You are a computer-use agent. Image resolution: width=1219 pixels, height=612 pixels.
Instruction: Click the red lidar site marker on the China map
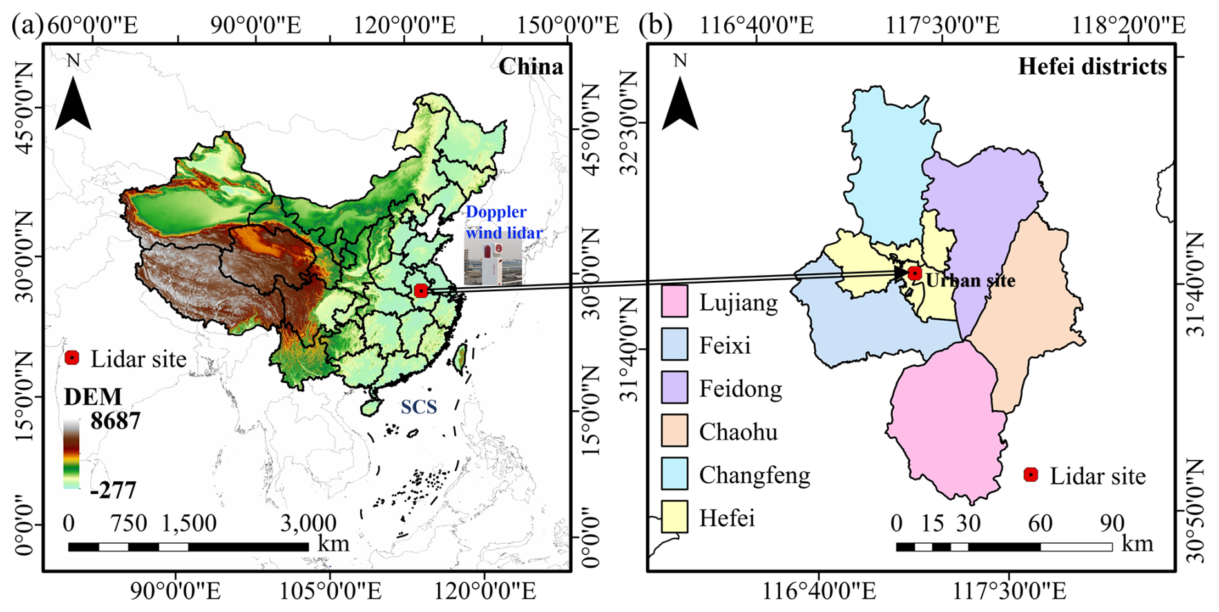coord(421,291)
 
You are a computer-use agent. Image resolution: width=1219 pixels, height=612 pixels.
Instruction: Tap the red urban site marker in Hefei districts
coord(914,273)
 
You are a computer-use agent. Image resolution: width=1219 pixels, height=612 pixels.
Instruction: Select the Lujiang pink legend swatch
coord(674,301)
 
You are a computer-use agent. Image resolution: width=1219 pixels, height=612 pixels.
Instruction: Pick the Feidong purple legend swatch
coord(674,388)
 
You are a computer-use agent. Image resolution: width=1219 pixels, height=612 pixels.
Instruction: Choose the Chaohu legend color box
coord(674,431)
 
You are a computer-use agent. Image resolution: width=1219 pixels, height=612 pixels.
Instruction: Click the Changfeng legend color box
coord(674,473)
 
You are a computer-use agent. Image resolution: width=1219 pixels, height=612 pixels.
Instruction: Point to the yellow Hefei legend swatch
coord(674,517)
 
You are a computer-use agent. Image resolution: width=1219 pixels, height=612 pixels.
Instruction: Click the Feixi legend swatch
coord(674,345)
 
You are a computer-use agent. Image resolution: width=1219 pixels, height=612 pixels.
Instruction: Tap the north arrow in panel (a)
coord(73,100)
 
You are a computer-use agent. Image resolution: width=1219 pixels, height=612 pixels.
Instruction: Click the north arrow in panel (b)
coord(680,100)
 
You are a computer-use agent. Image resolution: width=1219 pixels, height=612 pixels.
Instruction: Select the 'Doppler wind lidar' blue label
coord(504,222)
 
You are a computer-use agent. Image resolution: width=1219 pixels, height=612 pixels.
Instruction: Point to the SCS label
coord(419,406)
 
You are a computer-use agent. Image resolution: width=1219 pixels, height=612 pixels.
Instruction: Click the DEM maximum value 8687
coord(115,421)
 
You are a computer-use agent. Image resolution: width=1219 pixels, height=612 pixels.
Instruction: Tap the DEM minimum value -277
coord(113,490)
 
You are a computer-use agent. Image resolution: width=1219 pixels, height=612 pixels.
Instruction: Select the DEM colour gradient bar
coord(72,454)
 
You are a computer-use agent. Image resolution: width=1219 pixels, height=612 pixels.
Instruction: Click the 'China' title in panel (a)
coord(531,66)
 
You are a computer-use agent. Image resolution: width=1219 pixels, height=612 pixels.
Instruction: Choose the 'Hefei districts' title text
coord(1093,66)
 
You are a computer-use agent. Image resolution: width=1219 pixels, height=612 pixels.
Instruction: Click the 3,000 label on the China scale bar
coord(308,522)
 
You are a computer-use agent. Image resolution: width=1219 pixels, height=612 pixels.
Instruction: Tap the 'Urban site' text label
coord(970,280)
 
